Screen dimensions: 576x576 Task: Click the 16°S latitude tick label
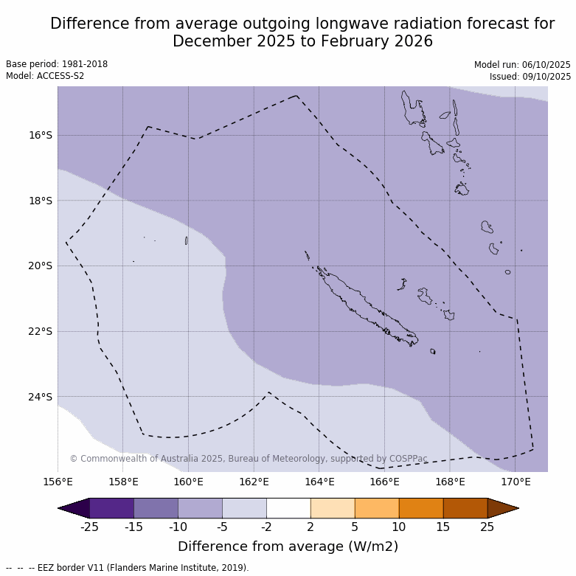point(41,135)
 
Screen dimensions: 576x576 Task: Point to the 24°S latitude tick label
point(41,397)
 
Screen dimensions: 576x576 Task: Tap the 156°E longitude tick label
point(58,482)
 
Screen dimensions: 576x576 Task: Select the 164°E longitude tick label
point(319,482)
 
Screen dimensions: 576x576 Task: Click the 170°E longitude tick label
point(516,482)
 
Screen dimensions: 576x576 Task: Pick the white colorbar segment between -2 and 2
point(288,508)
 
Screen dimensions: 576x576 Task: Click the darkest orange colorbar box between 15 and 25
point(465,508)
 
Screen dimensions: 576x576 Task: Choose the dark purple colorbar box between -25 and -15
point(111,508)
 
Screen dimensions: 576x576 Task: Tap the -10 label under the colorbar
point(178,527)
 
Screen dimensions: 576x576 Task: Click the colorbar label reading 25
point(487,527)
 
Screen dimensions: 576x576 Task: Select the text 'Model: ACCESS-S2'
point(45,76)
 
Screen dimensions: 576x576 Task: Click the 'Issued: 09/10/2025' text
point(530,76)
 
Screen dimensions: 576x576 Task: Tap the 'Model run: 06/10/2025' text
point(522,65)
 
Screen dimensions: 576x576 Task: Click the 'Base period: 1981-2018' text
point(57,65)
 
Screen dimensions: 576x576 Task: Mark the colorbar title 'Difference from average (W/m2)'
point(288,546)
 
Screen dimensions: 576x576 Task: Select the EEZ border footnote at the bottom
point(128,568)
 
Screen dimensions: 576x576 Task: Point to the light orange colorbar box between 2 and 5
point(333,508)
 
